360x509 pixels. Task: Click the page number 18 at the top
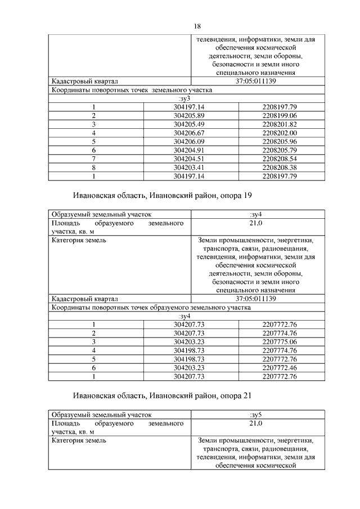pyautogui.click(x=197, y=26)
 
